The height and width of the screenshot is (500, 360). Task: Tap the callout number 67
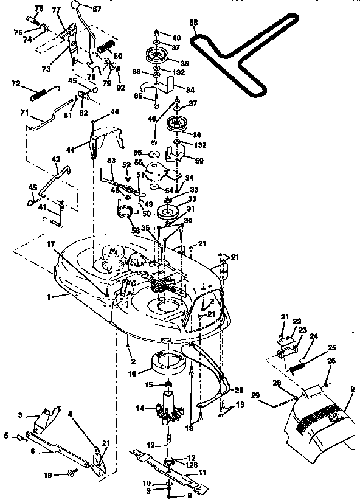coord(97,8)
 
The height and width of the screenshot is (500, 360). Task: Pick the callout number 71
coord(24,113)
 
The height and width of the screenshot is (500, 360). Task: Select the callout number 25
coord(331,348)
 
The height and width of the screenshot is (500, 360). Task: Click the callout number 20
coord(238,390)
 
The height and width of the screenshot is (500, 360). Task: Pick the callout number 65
coord(137,95)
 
